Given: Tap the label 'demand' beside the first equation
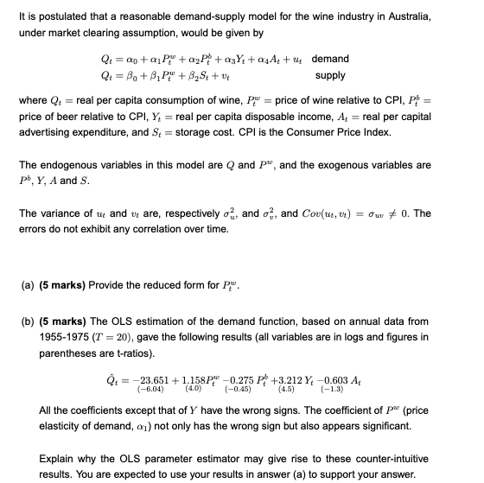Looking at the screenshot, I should coord(330,59).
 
